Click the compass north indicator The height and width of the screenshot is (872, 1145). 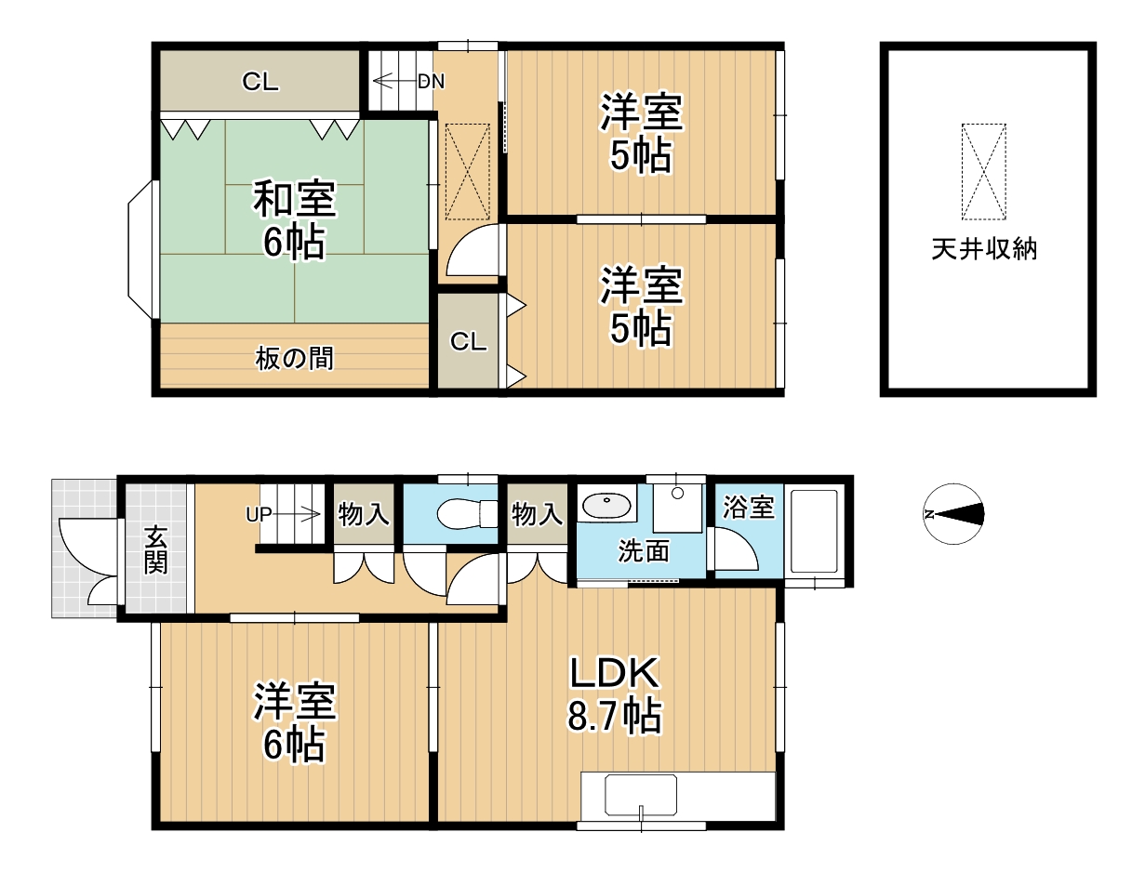(x=953, y=514)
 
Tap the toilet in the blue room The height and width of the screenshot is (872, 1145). (x=467, y=513)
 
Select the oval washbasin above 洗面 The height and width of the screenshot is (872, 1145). (x=606, y=505)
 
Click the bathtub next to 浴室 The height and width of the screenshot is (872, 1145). (x=814, y=531)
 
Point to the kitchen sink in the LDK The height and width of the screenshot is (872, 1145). (x=641, y=795)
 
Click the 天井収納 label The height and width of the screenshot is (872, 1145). (x=984, y=249)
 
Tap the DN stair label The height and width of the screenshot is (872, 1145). (x=431, y=81)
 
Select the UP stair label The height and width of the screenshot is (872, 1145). (x=259, y=515)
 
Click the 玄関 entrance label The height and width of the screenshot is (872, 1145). (x=156, y=550)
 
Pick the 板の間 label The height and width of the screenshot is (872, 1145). (x=294, y=359)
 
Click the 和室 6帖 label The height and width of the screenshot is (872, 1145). (x=295, y=219)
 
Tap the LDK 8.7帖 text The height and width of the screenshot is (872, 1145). (x=615, y=694)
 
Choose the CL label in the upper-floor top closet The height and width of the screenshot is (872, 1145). (x=260, y=81)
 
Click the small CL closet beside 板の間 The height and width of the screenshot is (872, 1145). (x=468, y=341)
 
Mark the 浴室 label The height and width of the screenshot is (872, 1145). (x=749, y=507)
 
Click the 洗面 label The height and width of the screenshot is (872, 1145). (x=643, y=550)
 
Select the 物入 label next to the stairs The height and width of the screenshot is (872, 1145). (x=364, y=514)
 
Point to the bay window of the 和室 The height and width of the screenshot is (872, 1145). (x=140, y=249)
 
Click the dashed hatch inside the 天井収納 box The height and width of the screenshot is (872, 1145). (x=984, y=171)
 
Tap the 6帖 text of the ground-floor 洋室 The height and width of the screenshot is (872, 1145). (x=294, y=746)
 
